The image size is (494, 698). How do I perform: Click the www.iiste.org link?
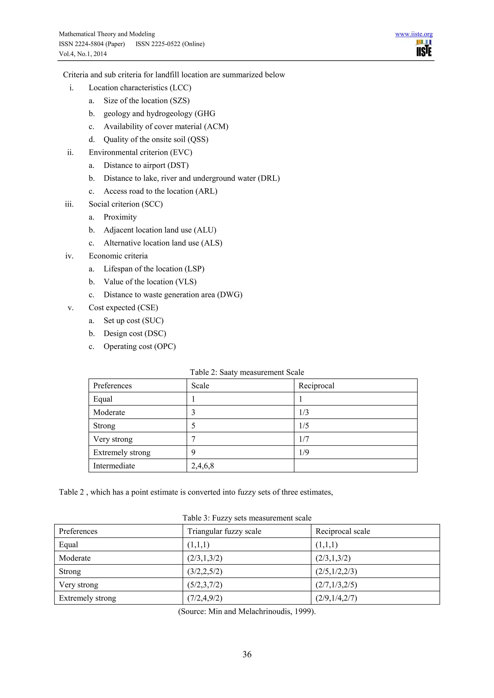(x=414, y=34)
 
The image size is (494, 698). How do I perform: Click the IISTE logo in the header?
(x=424, y=48)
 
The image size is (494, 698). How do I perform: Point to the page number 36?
(x=247, y=654)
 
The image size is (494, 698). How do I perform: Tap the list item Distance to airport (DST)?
(x=146, y=165)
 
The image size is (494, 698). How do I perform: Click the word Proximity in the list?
(x=120, y=217)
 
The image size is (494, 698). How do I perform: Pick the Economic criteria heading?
(x=118, y=256)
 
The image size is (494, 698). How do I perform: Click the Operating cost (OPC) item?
(x=140, y=347)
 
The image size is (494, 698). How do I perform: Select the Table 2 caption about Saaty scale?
(x=247, y=372)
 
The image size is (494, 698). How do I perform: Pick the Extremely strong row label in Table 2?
(x=122, y=452)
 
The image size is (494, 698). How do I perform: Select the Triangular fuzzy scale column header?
(x=224, y=531)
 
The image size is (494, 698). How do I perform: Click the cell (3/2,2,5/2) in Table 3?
(x=205, y=571)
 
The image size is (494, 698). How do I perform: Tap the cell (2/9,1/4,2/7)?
(x=336, y=598)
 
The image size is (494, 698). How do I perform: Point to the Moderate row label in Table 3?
(x=75, y=558)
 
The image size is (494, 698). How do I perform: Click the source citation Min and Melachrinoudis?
(x=247, y=611)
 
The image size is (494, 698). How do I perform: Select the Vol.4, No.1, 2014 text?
(x=83, y=54)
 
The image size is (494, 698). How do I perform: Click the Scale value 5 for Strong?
(x=193, y=426)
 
